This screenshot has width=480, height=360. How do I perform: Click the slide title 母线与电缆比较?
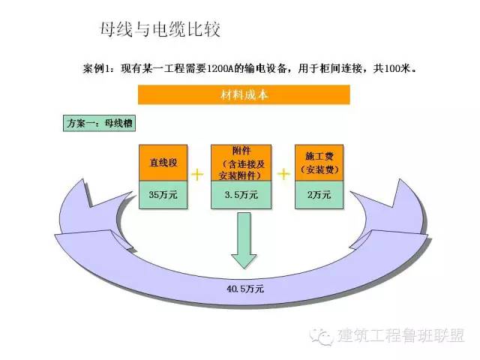click(x=159, y=31)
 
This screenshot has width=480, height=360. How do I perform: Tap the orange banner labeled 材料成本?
click(x=244, y=95)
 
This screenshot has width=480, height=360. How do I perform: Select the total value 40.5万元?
click(x=245, y=288)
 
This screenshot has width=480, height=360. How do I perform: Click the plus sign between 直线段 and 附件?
click(x=199, y=175)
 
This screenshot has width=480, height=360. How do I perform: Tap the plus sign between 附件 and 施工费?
click(x=283, y=175)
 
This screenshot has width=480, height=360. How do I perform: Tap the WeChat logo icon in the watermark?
click(x=324, y=335)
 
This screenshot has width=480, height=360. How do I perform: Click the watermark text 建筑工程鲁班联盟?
click(x=401, y=335)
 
